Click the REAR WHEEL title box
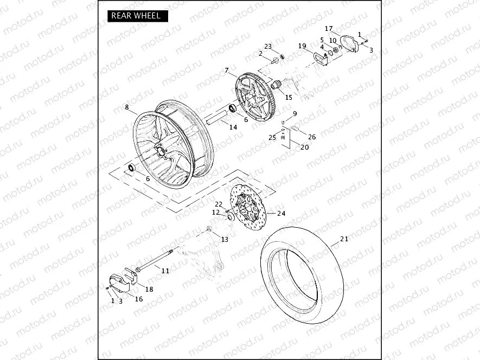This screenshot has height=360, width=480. click(x=136, y=16)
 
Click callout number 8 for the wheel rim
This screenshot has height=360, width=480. click(x=127, y=107)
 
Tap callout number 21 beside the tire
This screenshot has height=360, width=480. click(x=344, y=239)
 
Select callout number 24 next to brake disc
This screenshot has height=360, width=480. click(x=281, y=213)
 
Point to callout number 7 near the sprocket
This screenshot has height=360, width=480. click(x=227, y=70)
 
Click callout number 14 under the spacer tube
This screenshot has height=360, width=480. click(x=233, y=127)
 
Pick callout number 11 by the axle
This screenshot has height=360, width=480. click(x=165, y=270)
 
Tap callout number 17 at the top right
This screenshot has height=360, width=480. click(x=329, y=28)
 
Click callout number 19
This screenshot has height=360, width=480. click(x=302, y=46)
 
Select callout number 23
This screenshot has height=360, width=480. click(x=268, y=46)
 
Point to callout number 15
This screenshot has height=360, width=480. click(x=289, y=98)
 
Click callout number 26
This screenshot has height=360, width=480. click(x=311, y=137)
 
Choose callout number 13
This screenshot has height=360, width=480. click(x=225, y=239)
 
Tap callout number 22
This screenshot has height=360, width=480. click(x=218, y=204)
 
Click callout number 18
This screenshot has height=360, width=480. click(x=149, y=290)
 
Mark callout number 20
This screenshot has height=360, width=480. click(x=305, y=147)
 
